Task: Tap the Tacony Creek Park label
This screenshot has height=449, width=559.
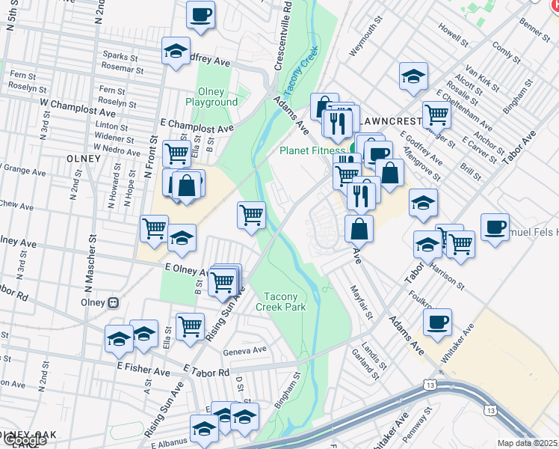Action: (x=281, y=302)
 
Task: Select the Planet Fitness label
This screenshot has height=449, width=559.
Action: (x=312, y=150)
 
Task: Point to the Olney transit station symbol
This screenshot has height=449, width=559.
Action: (x=114, y=303)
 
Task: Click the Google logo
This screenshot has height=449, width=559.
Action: (x=25, y=440)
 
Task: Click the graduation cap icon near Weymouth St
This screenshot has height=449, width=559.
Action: (x=413, y=76)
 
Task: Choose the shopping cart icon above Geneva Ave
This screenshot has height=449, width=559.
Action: (x=191, y=326)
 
